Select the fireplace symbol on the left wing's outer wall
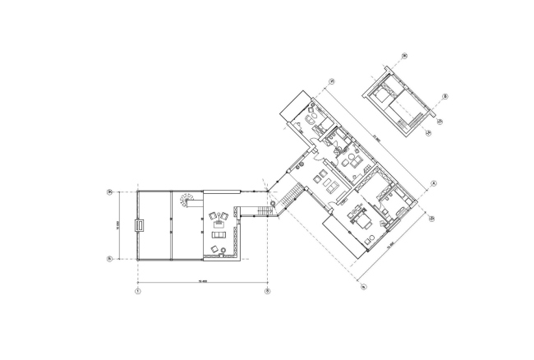click(x=139, y=224)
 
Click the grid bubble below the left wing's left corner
click(x=137, y=290)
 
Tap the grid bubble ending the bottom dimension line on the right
click(x=266, y=290)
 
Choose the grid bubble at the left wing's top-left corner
click(x=109, y=193)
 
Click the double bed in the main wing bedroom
click(x=361, y=220)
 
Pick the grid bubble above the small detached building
click(x=404, y=57)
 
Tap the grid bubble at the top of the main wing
click(x=332, y=81)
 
